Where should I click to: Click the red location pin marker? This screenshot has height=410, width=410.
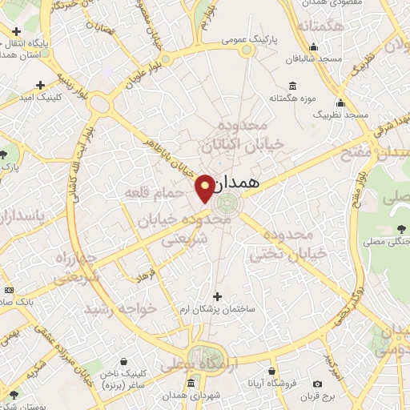(x=206, y=187)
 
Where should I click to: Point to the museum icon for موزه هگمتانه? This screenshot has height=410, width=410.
(x=291, y=86)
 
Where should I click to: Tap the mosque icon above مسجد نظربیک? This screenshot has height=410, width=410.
(x=341, y=102)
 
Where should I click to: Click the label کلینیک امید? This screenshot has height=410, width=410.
(x=41, y=95)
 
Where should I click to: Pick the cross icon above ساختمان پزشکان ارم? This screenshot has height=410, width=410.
(x=216, y=296)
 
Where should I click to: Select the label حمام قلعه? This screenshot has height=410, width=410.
(x=148, y=193)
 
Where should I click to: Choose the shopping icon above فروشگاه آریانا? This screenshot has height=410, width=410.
(x=273, y=372)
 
